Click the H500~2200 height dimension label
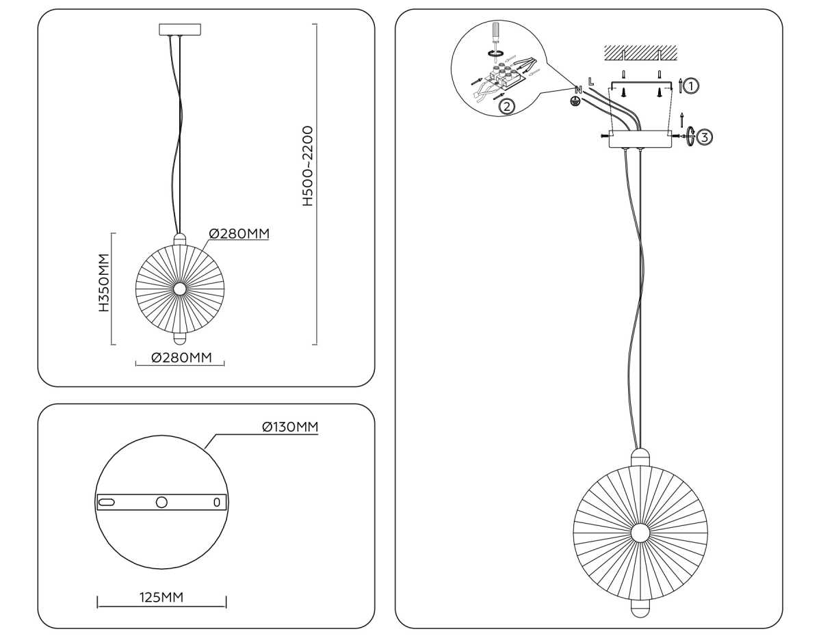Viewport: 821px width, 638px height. (308, 166)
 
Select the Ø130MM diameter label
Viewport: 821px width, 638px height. (290, 427)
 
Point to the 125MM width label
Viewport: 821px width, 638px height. (161, 597)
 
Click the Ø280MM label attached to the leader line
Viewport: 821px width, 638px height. (239, 234)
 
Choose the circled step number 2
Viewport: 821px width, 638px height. (506, 106)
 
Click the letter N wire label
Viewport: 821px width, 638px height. (578, 90)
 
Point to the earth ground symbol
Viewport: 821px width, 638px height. (576, 102)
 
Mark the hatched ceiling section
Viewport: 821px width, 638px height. (640, 52)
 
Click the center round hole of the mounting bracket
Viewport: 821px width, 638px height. (161, 502)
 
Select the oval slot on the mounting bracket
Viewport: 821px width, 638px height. (108, 502)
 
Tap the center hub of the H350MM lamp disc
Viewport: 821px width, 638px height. (179, 289)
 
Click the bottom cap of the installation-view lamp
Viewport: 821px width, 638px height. (640, 608)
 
